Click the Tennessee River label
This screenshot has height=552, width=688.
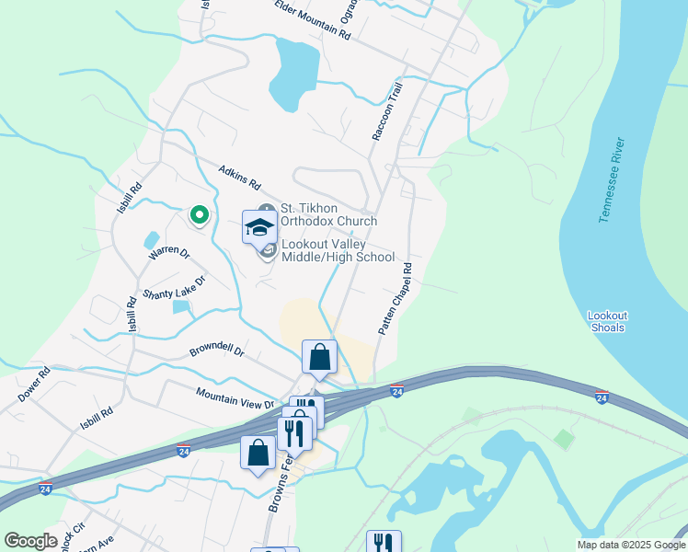pyautogui.click(x=613, y=179)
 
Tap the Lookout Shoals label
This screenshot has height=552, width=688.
pyautogui.click(x=607, y=321)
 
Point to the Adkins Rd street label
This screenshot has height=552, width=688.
pyautogui.click(x=240, y=178)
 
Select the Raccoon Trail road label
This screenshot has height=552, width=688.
pyautogui.click(x=388, y=112)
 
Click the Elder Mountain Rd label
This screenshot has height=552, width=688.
pyautogui.click(x=313, y=19)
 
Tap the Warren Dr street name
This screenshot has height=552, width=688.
pyautogui.click(x=169, y=250)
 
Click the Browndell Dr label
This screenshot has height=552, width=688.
pyautogui.click(x=216, y=351)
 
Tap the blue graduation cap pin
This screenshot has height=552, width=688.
pyautogui.click(x=259, y=226)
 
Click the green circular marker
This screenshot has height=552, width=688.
pyautogui.click(x=198, y=215)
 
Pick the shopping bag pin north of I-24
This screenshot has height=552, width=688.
pyautogui.click(x=319, y=357)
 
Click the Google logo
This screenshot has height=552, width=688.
pyautogui.click(x=30, y=541)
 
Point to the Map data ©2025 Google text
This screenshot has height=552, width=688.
pyautogui.click(x=630, y=545)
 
